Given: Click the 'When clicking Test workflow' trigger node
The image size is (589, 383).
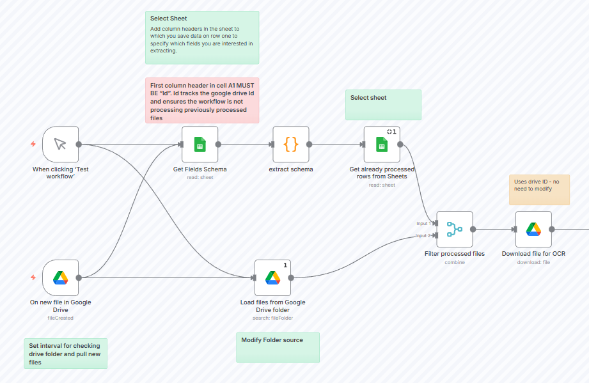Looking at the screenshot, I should (60, 144).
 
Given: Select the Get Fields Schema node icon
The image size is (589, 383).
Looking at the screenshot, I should (200, 144).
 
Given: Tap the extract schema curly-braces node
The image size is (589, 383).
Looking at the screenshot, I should (291, 144).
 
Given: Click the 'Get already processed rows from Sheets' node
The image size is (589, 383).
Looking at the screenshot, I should (382, 144).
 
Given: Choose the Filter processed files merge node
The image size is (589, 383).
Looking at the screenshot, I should (454, 229).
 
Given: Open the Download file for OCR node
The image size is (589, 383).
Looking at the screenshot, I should (533, 229).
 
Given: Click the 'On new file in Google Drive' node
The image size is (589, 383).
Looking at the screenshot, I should (60, 277).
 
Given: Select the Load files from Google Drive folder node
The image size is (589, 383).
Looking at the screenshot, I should (272, 277).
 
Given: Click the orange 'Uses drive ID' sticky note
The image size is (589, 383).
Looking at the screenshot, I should (538, 189).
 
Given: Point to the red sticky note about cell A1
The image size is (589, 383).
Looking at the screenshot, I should (201, 101).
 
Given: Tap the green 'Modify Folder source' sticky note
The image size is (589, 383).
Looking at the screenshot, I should (278, 347).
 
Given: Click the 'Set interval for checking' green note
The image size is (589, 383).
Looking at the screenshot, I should (65, 354).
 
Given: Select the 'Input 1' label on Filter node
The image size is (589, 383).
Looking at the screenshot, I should (423, 223).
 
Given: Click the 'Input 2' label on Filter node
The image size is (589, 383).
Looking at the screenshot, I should (423, 235).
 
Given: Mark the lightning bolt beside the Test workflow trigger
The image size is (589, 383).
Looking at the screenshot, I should (33, 144).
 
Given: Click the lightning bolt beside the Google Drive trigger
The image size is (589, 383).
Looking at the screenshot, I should (33, 277).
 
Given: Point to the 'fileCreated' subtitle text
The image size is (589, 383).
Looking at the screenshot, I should (60, 318).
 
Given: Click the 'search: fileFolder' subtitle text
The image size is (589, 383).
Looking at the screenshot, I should (272, 318).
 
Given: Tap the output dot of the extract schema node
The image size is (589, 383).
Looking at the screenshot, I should (310, 144).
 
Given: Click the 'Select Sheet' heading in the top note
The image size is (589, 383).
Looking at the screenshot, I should (169, 19).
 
